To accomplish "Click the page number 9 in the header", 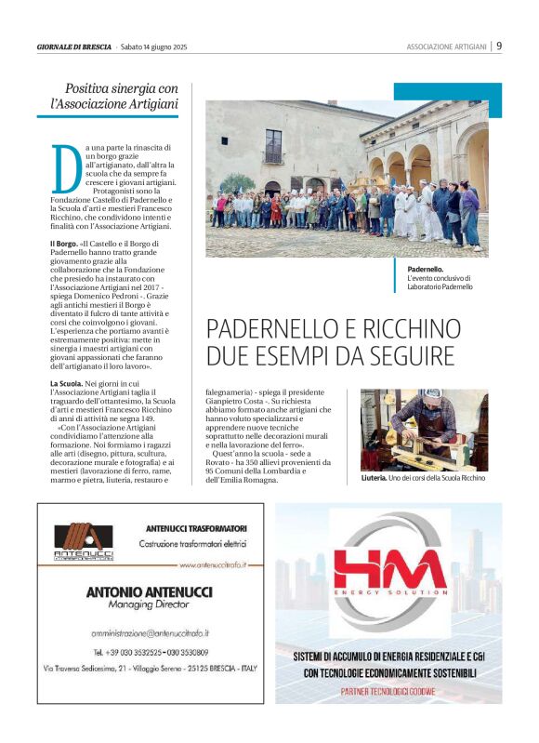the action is [x=499, y=46].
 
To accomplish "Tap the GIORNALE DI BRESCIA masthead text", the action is [x=74, y=46].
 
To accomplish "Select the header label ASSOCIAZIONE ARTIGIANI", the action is [x=446, y=46].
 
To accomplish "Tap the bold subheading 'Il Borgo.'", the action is [x=65, y=243].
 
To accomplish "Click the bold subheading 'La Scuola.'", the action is [x=69, y=383].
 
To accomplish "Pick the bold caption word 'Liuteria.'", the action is [x=378, y=477].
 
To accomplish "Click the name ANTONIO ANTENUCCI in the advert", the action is [x=149, y=591].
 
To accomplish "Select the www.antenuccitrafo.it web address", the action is [x=213, y=564].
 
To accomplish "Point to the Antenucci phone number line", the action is [x=149, y=653].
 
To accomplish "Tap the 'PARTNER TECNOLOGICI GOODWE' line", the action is [x=388, y=691].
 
